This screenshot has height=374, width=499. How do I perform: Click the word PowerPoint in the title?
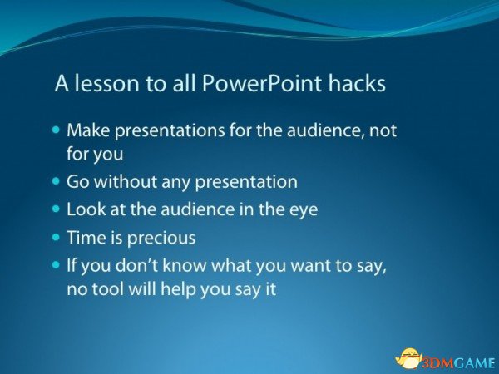(261, 83)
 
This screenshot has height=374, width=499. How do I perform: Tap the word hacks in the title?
(357, 83)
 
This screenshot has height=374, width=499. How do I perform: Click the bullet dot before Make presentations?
(56, 130)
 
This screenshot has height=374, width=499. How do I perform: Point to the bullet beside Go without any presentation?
(56, 181)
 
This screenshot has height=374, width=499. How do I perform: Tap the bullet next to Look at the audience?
(56, 209)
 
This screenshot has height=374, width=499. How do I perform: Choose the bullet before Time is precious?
(56, 237)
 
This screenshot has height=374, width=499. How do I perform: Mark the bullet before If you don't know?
(56, 264)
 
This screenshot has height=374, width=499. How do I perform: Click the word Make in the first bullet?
(88, 130)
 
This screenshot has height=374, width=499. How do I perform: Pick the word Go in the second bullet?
(77, 181)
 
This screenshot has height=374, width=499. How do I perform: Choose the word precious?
(161, 239)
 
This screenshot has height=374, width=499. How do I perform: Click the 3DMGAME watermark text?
(459, 362)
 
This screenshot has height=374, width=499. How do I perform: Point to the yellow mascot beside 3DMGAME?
(409, 359)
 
